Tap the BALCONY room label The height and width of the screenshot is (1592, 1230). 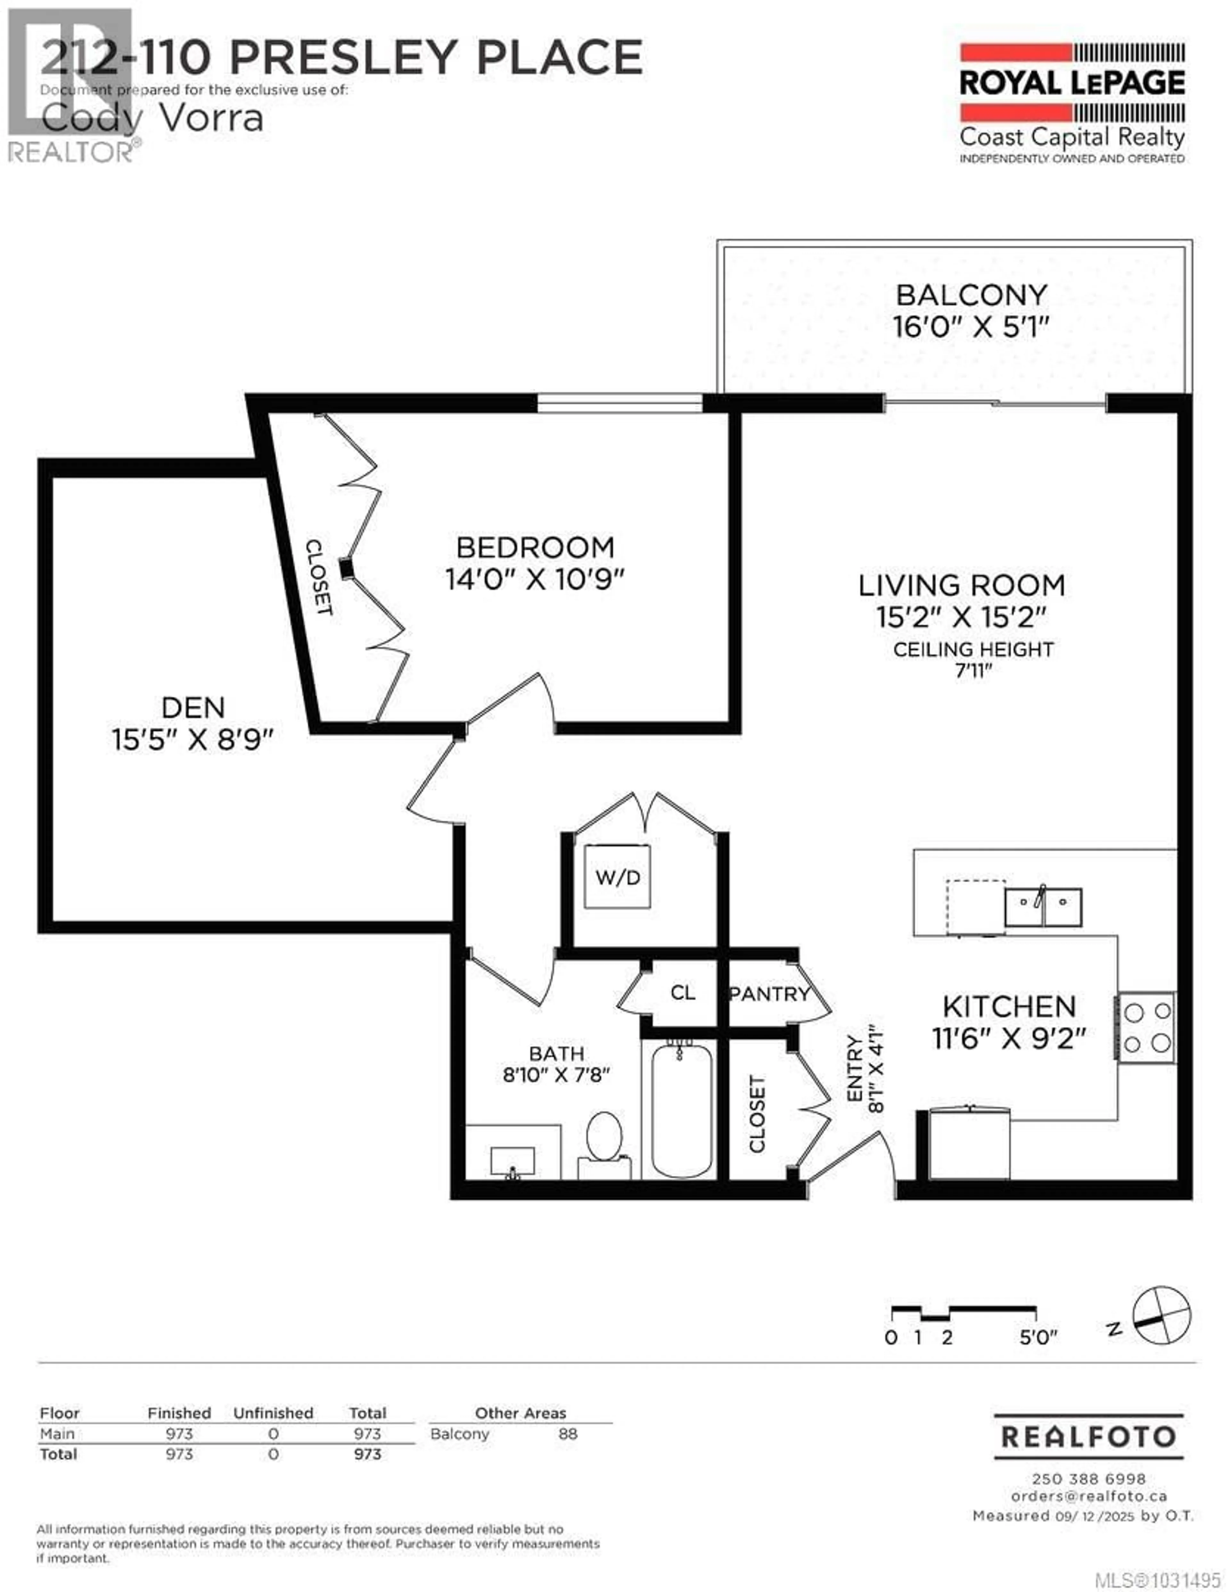(971, 295)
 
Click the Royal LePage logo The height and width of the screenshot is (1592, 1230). (1072, 102)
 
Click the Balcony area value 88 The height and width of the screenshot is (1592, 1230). (568, 1434)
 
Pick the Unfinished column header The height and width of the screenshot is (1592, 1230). (273, 1413)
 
